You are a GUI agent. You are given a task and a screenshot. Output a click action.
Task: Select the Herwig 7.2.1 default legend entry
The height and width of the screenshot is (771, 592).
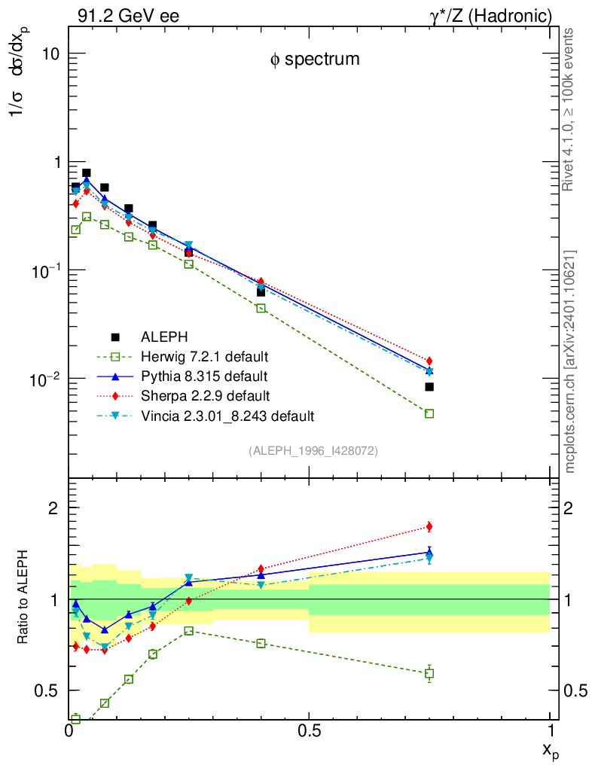coord(205,356)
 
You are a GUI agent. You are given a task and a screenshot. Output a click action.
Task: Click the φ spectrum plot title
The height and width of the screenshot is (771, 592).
coord(315,59)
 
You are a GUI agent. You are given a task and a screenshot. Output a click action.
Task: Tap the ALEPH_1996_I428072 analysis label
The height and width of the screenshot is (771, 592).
coord(313,450)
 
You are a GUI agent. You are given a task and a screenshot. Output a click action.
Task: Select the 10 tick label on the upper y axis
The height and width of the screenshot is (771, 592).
coord(50,54)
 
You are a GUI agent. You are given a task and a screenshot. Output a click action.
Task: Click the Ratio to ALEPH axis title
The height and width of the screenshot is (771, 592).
coord(23,599)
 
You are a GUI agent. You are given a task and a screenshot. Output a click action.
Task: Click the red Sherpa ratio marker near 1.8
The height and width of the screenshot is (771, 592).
coord(429,526)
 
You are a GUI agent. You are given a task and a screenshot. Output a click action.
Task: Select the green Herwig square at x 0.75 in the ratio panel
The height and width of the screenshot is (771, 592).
coord(429,673)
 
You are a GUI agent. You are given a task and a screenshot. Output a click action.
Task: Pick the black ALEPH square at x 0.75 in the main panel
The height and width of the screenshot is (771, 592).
coord(429,387)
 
